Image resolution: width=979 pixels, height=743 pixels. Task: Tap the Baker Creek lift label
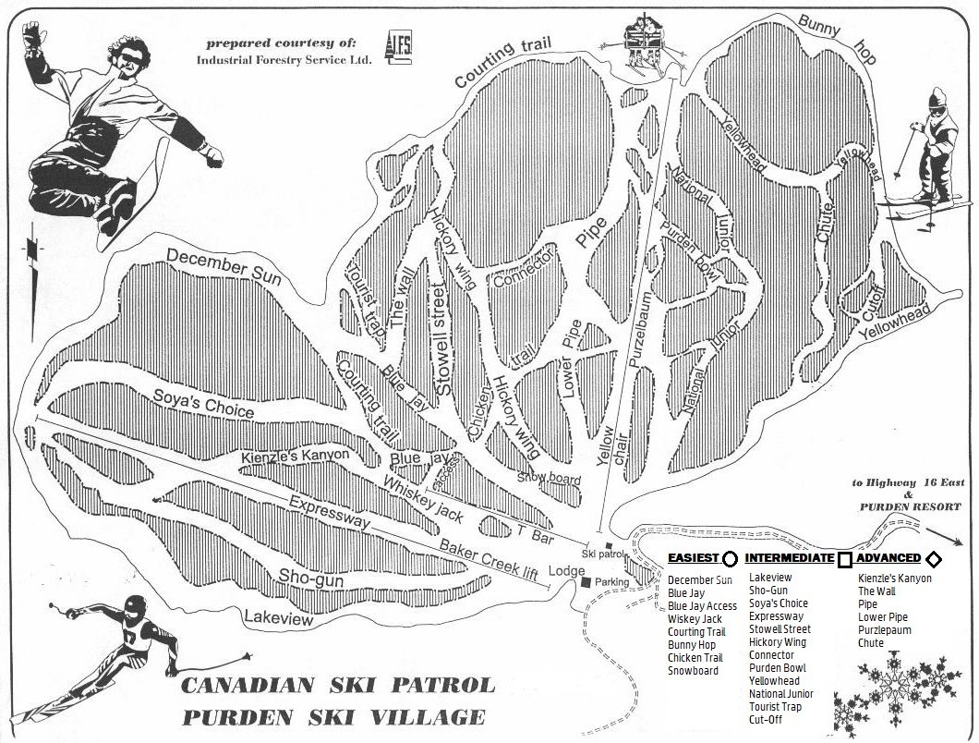pyautogui.click(x=489, y=558)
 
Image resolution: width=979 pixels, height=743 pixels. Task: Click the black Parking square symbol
pyautogui.click(x=586, y=582)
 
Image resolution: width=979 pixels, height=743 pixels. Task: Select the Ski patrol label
pyautogui.click(x=605, y=554)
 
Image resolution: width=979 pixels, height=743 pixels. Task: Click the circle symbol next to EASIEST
pyautogui.click(x=730, y=559)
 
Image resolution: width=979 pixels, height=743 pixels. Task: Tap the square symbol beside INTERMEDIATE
pyautogui.click(x=844, y=559)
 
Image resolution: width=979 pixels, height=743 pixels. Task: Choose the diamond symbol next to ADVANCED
pyautogui.click(x=933, y=559)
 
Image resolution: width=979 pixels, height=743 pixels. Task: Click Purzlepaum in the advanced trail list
pyautogui.click(x=884, y=630)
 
